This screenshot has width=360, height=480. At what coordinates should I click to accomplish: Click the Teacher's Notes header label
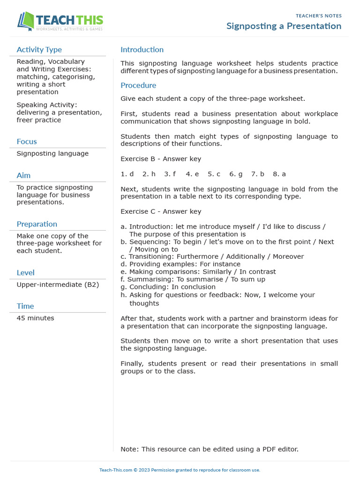[319, 16]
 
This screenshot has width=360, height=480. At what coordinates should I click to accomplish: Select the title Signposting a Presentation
[284, 26]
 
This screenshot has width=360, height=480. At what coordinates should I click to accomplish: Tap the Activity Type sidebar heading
[39, 50]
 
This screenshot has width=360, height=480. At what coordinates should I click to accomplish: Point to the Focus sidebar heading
[27, 142]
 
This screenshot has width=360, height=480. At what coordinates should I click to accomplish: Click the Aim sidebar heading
[23, 175]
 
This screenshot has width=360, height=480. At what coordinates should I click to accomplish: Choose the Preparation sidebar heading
[37, 224]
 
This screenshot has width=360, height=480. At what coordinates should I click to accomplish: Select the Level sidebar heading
[25, 273]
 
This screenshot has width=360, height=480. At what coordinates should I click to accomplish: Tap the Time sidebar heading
[25, 306]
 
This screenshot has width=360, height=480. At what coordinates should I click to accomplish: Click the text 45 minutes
[35, 318]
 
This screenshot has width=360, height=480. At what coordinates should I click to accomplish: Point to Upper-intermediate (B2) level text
[58, 285]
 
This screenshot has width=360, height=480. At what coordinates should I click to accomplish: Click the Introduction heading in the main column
[142, 50]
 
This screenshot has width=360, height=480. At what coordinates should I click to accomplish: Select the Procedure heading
[138, 85]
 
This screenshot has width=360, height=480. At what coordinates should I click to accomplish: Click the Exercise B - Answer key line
[161, 159]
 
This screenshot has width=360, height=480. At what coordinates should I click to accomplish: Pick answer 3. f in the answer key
[170, 174]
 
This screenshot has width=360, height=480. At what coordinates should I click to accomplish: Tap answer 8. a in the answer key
[279, 174]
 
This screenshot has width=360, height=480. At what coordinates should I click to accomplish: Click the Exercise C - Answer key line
[161, 211]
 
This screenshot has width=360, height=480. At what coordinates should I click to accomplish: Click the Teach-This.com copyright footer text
[180, 470]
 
